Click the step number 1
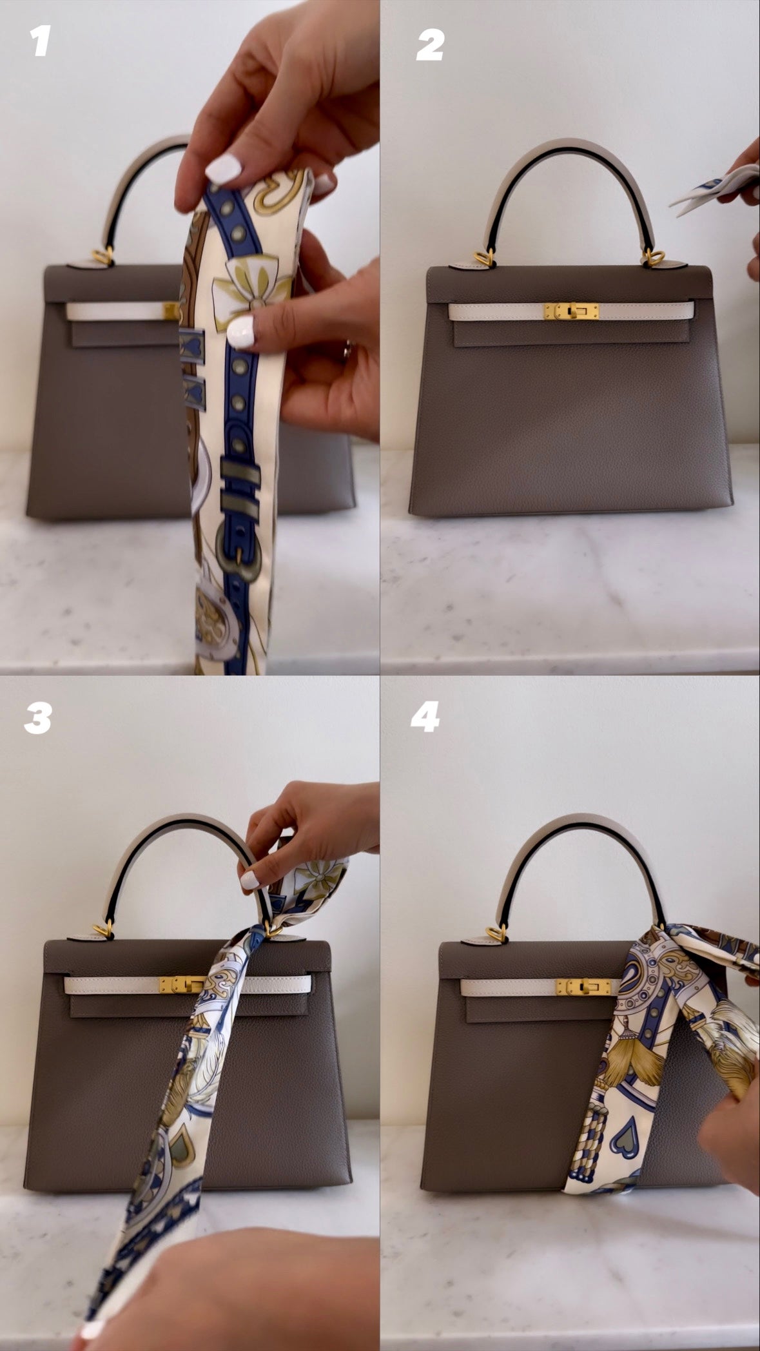[40, 43]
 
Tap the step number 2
[429, 46]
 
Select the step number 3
[37, 718]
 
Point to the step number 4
[425, 715]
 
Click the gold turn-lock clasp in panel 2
[571, 311]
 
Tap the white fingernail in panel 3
[250, 880]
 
